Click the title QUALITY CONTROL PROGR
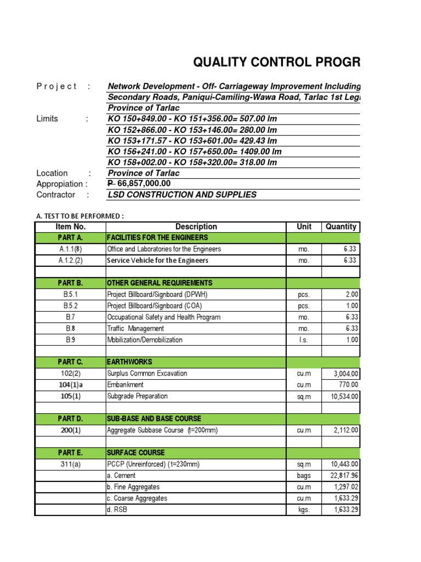coord(277,63)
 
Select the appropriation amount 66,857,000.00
coord(139,184)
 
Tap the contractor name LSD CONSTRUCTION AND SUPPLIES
coord(182,195)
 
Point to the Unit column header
coord(304,227)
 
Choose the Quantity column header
coord(340,227)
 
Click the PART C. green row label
coord(70,362)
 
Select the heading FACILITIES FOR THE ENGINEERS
coord(157,238)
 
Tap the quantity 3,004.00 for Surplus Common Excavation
coord(342,374)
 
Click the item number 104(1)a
coord(70,385)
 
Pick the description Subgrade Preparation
coord(138,396)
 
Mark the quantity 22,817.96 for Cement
coord(342,476)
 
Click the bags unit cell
coord(304,476)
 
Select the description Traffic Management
coord(135,328)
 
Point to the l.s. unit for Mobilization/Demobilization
coord(304,340)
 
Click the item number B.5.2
coord(70,306)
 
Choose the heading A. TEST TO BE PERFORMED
coord(80,216)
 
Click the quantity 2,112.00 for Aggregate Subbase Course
coord(342,430)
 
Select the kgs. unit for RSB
coord(304,510)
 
